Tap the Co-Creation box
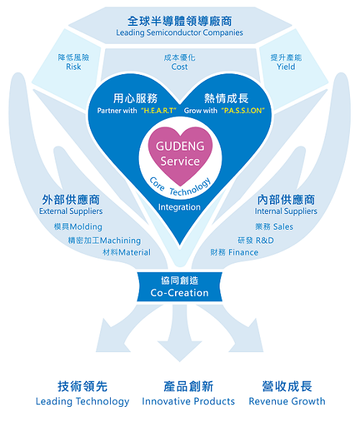180,287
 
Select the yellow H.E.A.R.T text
158,111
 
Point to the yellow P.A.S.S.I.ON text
243,111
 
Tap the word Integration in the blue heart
179,207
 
